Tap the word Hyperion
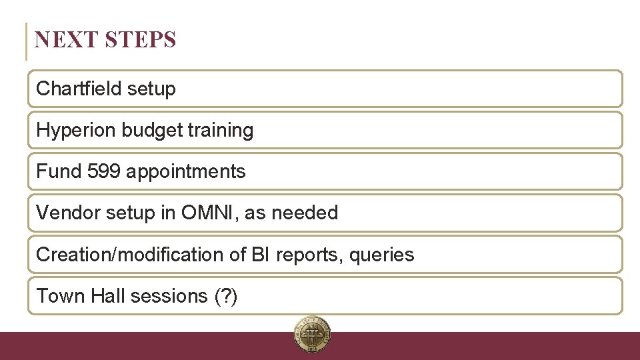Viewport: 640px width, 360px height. (x=76, y=130)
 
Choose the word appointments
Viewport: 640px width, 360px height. (x=186, y=171)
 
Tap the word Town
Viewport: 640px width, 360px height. (x=57, y=295)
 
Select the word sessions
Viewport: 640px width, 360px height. (x=169, y=295)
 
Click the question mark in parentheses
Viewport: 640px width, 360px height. (x=225, y=295)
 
